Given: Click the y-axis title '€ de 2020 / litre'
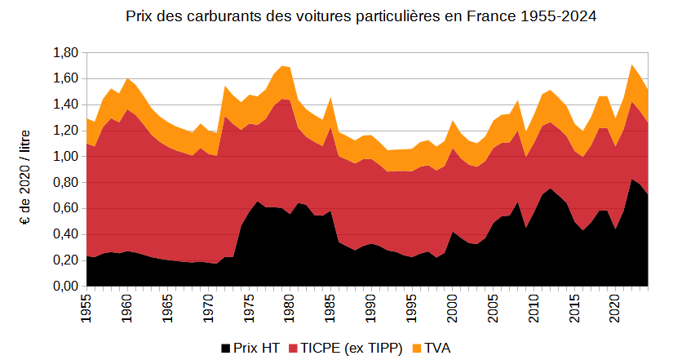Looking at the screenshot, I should [26, 169].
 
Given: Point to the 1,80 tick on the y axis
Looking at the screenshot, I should [65, 52].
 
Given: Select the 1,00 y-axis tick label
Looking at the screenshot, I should [65, 157].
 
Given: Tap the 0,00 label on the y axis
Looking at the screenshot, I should [65, 287].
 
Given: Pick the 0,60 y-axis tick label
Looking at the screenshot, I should [65, 208].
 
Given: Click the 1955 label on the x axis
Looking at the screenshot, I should [86, 309].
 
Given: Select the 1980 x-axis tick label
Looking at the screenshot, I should [290, 309].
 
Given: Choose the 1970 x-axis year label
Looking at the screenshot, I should [208, 309].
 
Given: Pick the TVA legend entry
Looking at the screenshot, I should [438, 348].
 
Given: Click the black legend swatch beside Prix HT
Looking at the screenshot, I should [225, 349].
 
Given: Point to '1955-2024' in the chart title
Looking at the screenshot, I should [553, 16].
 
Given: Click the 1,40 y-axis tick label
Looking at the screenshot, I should [65, 104].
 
